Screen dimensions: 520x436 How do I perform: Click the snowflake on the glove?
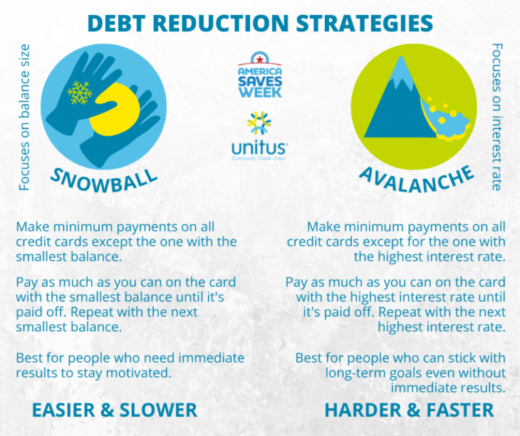[80, 93]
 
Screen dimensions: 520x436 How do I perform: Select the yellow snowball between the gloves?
[115, 110]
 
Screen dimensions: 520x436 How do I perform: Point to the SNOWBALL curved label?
[104, 181]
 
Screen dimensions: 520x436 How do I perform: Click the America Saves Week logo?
[260, 75]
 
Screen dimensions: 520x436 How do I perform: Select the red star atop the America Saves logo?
[260, 59]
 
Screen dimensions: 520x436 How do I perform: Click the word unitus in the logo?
[259, 148]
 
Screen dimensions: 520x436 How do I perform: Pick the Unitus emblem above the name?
[259, 123]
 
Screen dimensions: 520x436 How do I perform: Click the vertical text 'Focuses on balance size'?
[24, 118]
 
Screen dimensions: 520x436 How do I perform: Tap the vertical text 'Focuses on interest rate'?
[496, 117]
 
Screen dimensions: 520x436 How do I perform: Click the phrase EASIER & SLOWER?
[115, 410]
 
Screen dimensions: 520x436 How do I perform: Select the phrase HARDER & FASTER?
[409, 410]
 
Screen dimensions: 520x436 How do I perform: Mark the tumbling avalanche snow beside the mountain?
[444, 119]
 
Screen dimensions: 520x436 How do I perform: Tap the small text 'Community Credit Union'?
[259, 158]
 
